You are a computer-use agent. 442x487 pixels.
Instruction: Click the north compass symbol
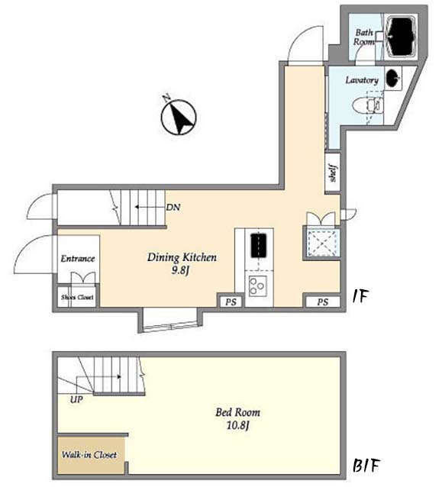click(179, 117)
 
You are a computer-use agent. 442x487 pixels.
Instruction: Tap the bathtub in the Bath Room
click(402, 37)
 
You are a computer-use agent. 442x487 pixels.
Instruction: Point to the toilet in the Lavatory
click(367, 105)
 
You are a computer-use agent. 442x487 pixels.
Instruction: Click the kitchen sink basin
click(259, 245)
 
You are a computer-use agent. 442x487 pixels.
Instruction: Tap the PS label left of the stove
click(231, 302)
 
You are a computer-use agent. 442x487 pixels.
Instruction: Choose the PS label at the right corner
click(323, 302)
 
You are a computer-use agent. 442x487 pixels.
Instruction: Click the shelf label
click(334, 173)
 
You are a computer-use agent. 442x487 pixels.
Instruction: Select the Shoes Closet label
click(77, 297)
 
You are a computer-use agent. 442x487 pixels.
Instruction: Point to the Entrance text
click(78, 259)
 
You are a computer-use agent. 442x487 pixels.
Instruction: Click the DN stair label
click(173, 208)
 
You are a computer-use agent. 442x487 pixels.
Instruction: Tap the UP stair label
click(76, 400)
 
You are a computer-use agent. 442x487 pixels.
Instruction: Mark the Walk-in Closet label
click(89, 455)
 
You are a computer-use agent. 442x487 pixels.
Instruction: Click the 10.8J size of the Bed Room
click(238, 425)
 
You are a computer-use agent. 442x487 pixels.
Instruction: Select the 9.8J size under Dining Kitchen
click(180, 270)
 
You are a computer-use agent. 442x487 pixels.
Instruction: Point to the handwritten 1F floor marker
click(360, 297)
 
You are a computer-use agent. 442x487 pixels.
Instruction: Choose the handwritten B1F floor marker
click(366, 466)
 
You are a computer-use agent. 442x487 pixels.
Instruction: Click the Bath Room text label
click(364, 37)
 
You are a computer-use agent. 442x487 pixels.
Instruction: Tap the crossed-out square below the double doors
click(321, 243)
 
